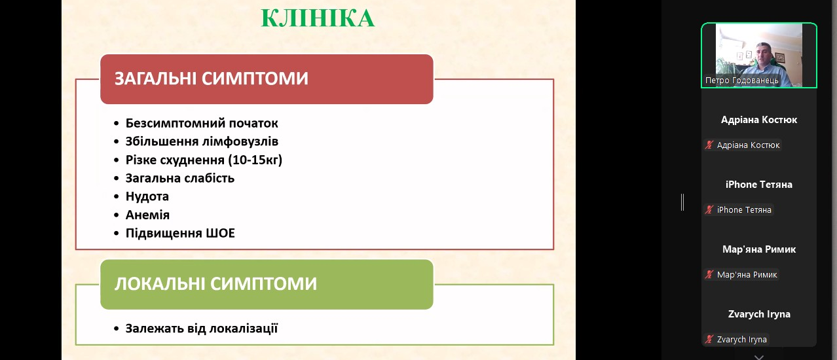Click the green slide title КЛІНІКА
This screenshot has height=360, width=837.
coord(318,18)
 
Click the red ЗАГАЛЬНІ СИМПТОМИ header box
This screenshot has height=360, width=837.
coord(267,79)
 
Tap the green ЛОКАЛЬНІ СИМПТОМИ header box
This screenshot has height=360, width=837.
coord(267,285)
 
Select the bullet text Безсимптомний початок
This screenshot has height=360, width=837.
coord(202,123)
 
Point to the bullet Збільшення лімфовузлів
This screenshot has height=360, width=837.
coord(202,141)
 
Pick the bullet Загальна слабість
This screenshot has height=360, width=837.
coord(179,178)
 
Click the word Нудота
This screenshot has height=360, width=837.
coord(147,196)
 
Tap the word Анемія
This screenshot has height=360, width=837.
coord(147,215)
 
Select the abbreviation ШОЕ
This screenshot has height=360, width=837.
coord(221,233)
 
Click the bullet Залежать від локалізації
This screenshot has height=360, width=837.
coord(202,329)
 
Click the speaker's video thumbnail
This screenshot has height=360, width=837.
coord(759,55)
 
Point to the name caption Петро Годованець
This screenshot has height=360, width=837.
coord(742,81)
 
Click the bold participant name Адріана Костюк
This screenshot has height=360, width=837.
coord(759,120)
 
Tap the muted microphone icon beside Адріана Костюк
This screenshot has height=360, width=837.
coord(709,145)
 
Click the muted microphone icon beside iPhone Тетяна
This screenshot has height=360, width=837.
coord(709,210)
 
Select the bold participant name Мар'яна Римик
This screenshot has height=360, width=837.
coord(759,249)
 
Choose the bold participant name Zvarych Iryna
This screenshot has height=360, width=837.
coord(759,314)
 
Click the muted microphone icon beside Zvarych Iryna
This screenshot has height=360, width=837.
coord(709,340)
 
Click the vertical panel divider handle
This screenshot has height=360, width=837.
coord(682,202)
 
